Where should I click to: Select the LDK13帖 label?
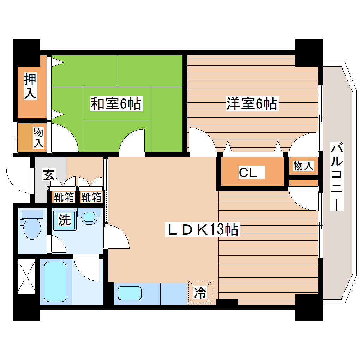pos(203,230)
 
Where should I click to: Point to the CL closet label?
pos(252,173)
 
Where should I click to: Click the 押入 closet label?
pos(30,86)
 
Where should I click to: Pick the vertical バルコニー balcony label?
pos(337,176)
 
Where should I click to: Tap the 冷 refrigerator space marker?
pos(200,293)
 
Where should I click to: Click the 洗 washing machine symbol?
pos(65,220)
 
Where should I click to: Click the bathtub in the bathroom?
pos(55,281)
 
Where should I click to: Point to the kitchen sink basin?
pos(130,293)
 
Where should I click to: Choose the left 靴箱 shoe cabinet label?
pos(64,197)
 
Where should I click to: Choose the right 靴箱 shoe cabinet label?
pos(91,197)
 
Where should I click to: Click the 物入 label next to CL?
pos(303,166)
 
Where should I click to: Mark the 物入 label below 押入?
pos(38,138)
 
